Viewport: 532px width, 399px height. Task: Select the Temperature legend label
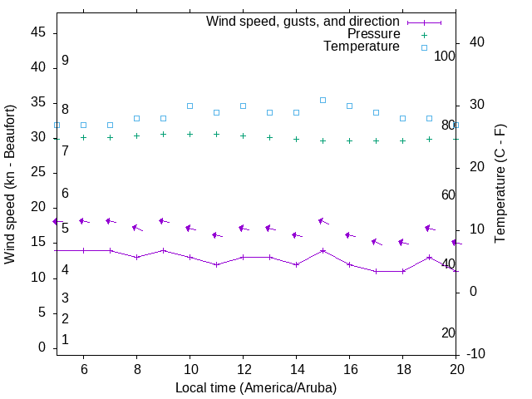(362, 47)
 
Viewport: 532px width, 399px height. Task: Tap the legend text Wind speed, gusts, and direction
(303, 21)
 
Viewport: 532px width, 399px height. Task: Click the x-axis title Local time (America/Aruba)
(256, 387)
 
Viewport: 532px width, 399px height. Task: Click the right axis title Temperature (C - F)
(500, 185)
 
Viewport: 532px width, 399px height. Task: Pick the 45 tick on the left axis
(38, 32)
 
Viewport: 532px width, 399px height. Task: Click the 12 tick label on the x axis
(243, 368)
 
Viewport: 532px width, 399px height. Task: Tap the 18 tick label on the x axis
(402, 368)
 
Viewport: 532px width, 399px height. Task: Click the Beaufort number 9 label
(65, 61)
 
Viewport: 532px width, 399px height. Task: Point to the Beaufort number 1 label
(65, 340)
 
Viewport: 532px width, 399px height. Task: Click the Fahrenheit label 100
(445, 56)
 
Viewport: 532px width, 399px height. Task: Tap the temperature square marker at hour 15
(323, 100)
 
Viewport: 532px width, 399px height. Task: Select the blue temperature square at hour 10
(190, 106)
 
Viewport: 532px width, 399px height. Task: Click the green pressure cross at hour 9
(163, 134)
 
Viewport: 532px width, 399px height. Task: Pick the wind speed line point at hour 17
(376, 271)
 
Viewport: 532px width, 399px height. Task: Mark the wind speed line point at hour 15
(323, 250)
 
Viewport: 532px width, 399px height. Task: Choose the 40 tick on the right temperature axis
(477, 42)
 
